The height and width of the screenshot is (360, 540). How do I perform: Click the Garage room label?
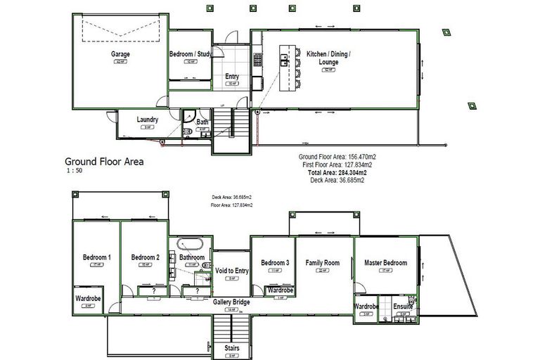[x=120, y=54]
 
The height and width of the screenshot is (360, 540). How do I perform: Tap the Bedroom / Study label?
[x=190, y=54]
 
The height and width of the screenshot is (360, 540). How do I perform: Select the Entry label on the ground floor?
[x=231, y=77]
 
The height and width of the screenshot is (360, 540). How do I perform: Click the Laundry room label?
[x=148, y=120]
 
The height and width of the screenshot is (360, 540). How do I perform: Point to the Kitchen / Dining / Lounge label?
[x=328, y=58]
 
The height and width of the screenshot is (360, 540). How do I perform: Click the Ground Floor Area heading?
[x=104, y=161]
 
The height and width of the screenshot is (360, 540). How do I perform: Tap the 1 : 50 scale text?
[x=74, y=171]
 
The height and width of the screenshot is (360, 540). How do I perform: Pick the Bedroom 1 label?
[x=96, y=257]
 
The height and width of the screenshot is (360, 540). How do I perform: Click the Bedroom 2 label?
[x=145, y=257]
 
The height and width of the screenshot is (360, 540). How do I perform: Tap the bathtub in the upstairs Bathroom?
[x=191, y=245]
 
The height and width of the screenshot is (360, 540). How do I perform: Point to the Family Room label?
[x=323, y=263]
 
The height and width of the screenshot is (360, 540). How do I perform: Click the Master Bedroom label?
[x=385, y=263]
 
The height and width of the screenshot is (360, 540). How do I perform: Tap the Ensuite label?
[x=404, y=307]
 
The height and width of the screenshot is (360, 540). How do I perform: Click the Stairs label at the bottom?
[x=231, y=347]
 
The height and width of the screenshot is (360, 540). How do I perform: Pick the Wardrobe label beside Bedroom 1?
[x=89, y=299]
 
